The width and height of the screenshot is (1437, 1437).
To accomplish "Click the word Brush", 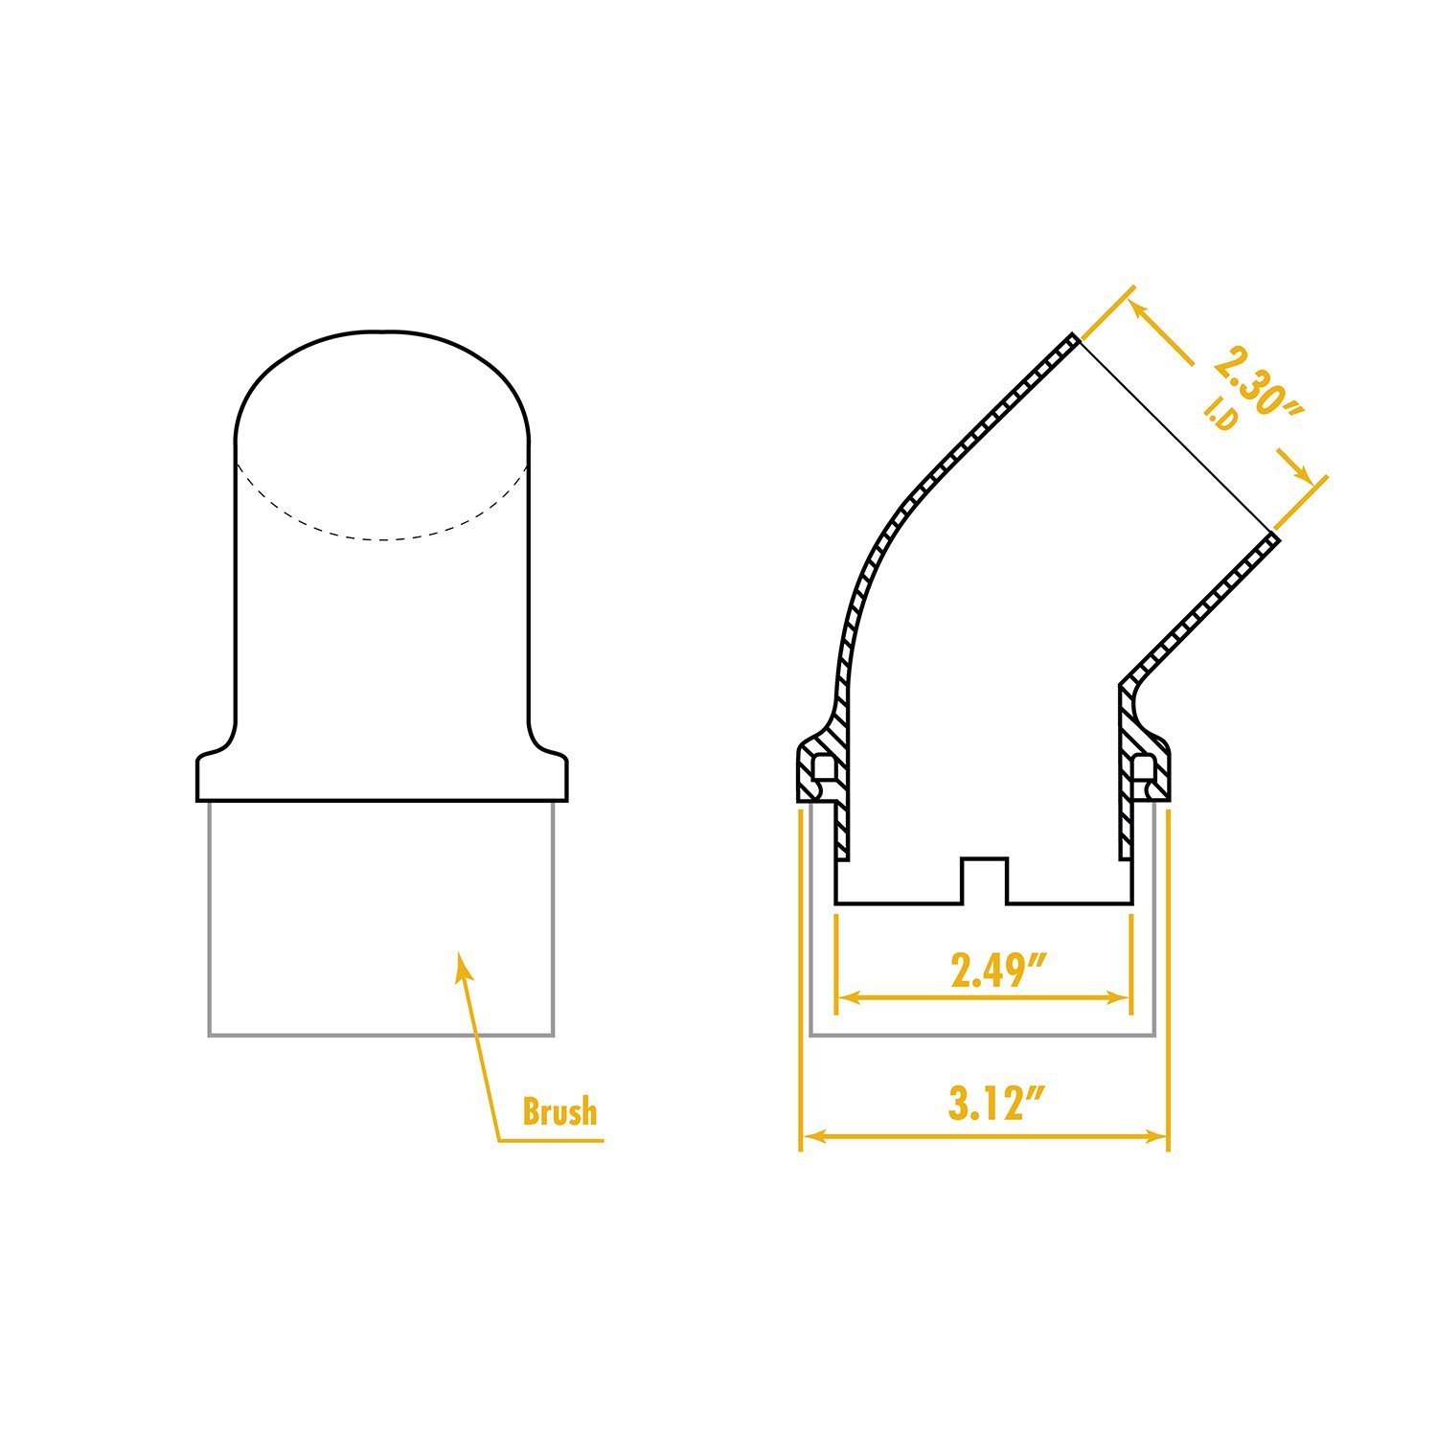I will point(559,1111).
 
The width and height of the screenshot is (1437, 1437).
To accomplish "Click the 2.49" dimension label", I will point(996,969).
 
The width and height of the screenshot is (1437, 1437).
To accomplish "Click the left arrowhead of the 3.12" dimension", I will point(807,1136).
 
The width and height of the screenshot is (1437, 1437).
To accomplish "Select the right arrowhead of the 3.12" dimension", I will point(1163,1136).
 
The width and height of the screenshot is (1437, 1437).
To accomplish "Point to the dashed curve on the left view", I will point(383,538).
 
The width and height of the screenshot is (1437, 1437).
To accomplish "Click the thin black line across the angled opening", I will point(1175,436).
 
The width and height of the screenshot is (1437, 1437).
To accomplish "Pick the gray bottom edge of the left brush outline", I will point(381,1035).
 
